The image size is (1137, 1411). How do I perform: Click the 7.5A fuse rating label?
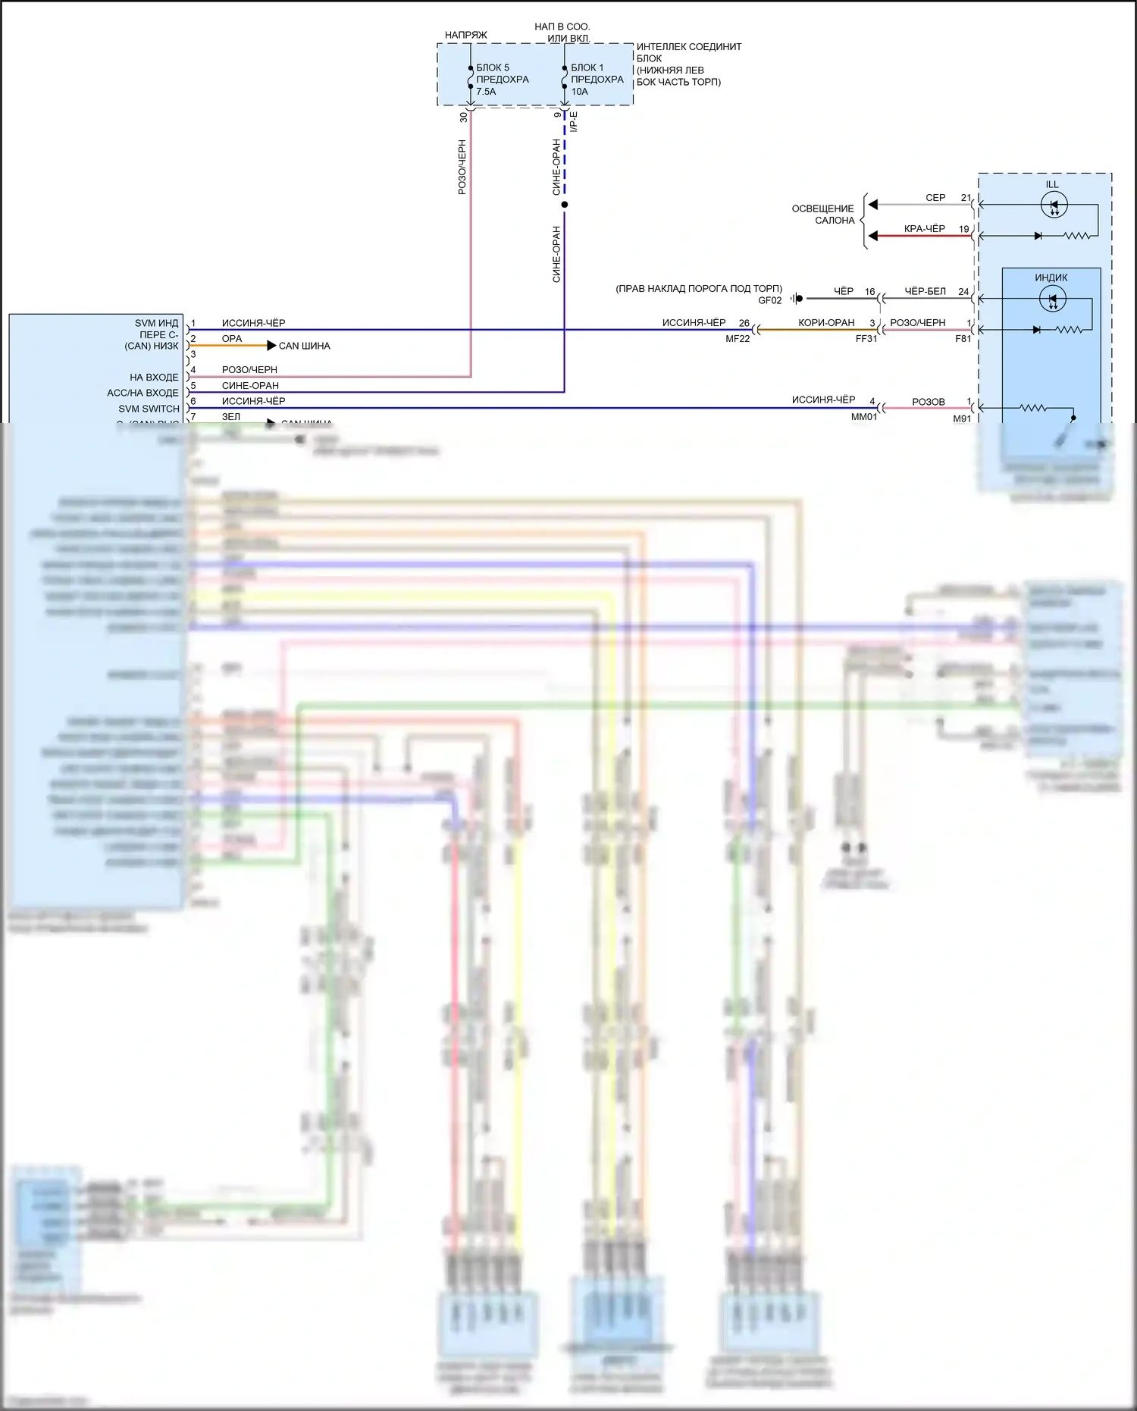tap(486, 92)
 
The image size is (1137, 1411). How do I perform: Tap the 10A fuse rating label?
tap(580, 92)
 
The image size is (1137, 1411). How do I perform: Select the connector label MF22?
tap(738, 339)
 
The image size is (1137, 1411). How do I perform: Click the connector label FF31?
tap(866, 339)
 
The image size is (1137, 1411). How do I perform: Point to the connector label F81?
tap(963, 339)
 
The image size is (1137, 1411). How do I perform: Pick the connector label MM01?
tap(864, 417)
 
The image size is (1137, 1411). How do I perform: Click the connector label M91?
tap(962, 419)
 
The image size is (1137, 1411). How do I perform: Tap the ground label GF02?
tap(769, 300)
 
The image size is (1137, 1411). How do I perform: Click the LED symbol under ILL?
tap(1054, 205)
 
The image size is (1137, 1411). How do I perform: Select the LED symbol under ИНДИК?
tap(1052, 299)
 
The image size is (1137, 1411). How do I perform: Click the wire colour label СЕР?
tap(935, 198)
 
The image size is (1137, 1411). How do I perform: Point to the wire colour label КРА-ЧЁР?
tap(925, 229)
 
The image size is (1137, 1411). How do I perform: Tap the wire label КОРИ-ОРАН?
tap(826, 323)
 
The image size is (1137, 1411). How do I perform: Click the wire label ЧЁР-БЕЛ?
tap(925, 291)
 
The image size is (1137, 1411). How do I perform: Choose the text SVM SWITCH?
tap(149, 409)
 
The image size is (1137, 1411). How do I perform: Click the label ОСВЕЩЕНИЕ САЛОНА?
tap(823, 215)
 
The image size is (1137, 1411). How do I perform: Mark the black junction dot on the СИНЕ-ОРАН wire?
tap(564, 205)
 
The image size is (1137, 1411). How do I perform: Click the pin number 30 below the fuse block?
tap(463, 117)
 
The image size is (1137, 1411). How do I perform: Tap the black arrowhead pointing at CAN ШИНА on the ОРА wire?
tap(271, 346)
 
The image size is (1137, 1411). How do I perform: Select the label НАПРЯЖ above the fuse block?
tap(466, 35)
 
